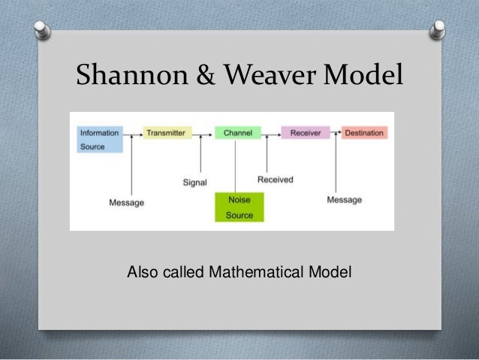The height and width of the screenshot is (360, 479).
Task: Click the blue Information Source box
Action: (100, 140)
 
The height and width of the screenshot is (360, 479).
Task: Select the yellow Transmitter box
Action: (167, 133)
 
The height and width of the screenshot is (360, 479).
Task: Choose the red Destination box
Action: (364, 133)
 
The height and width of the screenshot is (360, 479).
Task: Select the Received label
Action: (275, 180)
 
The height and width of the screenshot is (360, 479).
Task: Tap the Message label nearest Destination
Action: (344, 199)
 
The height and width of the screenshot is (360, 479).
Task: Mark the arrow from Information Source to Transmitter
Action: (133, 134)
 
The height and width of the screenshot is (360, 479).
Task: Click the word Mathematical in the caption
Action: (265, 271)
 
